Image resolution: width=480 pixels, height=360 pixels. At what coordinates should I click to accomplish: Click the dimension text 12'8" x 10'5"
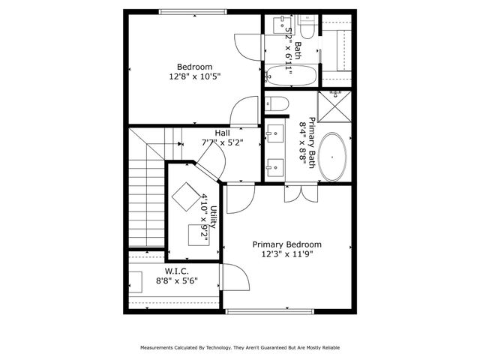pos(195,76)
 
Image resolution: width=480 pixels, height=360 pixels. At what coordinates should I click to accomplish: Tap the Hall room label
pos(222,133)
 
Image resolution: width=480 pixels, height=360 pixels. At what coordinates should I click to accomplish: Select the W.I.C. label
pos(176,270)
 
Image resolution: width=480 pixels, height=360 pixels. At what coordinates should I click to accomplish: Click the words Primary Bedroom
pos(286,244)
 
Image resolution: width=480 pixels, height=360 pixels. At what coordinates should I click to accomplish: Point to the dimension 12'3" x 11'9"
pos(286,254)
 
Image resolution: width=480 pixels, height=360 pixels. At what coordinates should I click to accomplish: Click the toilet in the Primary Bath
pos(274,103)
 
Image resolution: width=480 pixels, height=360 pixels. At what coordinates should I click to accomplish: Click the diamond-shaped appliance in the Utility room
pos(184,199)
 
